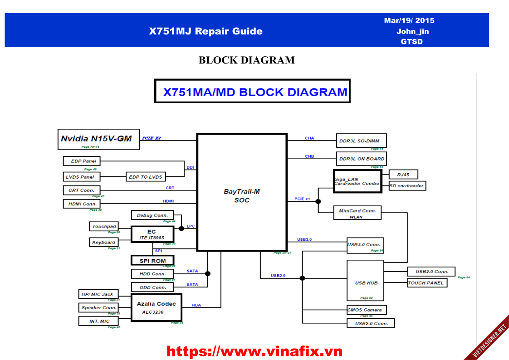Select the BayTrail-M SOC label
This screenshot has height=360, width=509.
tap(242, 195)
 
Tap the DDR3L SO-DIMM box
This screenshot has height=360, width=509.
tap(361, 141)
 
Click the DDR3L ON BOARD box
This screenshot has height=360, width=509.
tap(361, 159)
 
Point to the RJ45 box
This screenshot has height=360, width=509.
tap(403, 174)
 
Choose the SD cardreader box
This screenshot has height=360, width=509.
tap(407, 186)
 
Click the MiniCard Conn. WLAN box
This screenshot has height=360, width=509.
tap(357, 213)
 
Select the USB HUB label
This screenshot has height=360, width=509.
tap(366, 283)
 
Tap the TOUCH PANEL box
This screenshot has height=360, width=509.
tap(427, 283)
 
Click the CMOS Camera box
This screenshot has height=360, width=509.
tap(366, 310)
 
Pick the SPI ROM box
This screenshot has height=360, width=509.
tap(152, 261)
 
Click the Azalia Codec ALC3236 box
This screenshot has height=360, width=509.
tap(156, 307)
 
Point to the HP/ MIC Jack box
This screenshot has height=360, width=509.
tap(98, 294)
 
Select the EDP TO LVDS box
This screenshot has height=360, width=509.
tap(146, 177)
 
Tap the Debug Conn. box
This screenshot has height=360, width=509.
tap(152, 215)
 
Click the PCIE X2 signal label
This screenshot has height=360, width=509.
tap(152, 138)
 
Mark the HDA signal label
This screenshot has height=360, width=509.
tap(196, 305)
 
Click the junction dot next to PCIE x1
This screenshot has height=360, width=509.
tap(318, 201)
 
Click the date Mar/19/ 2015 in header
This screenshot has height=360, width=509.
tap(409, 20)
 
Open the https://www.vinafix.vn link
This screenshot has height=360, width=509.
tap(254, 351)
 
